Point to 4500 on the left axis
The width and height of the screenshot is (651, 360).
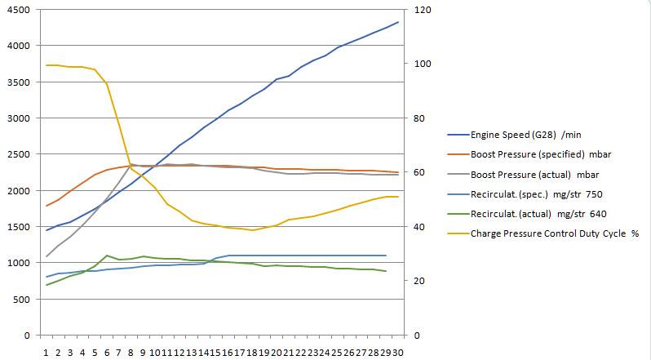tap(16, 10)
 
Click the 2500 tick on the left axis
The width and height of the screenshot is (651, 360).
tap(16, 154)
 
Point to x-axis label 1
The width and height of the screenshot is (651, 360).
tap(46, 351)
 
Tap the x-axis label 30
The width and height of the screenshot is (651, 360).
tap(397, 351)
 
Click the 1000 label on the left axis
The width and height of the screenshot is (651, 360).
tap(16, 263)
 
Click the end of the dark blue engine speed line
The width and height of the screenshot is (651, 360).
tap(397, 22)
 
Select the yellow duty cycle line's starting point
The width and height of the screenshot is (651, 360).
tap(46, 64)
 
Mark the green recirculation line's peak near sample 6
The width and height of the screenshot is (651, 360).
tap(107, 256)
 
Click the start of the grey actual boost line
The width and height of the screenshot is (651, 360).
tap(46, 256)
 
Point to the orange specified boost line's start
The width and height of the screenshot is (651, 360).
tap(46, 206)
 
